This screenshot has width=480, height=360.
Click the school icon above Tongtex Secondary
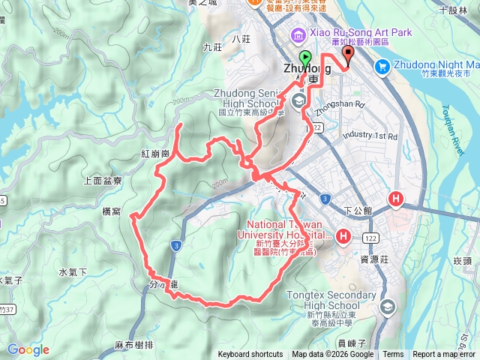387,306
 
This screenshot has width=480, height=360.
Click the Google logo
28,349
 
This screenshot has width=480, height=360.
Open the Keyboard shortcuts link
250,355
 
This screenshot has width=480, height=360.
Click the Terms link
393,355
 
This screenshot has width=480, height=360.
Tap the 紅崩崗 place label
155,153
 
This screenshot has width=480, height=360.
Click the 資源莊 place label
373,259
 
